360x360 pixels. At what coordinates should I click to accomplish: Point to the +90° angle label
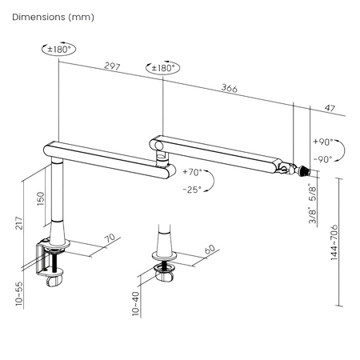322,141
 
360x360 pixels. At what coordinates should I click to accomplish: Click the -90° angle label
322,158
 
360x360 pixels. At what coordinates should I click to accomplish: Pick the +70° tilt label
192,172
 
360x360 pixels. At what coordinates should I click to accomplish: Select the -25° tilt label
192,190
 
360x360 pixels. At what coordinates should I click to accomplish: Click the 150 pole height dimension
41,198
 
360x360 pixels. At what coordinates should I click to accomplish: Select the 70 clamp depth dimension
110,238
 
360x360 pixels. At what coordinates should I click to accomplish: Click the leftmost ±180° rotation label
61,49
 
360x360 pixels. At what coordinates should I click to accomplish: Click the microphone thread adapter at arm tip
302,170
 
